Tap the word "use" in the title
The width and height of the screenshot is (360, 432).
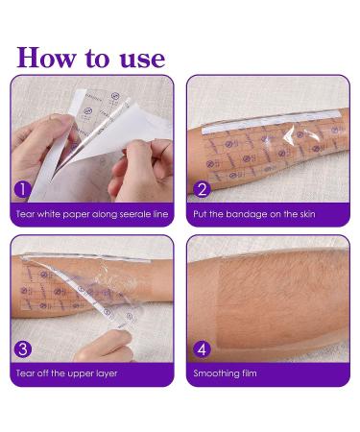[139, 57]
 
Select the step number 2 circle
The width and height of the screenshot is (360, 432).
[202, 188]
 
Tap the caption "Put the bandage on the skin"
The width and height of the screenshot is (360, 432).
[254, 214]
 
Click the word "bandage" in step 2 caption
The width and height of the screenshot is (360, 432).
[252, 214]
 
